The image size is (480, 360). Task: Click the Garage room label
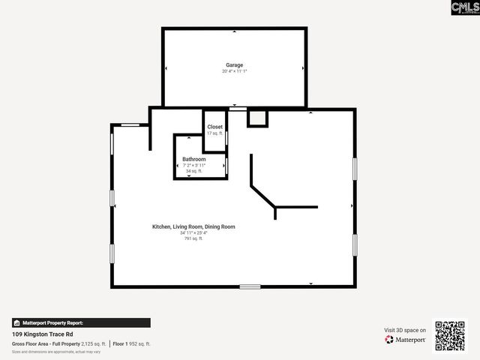click(235, 65)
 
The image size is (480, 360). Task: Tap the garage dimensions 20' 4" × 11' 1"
click(235, 71)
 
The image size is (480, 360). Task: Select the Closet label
click(215, 127)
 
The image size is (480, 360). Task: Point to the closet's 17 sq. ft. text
click(215, 133)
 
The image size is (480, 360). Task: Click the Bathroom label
click(194, 159)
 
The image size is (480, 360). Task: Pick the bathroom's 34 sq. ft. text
click(194, 171)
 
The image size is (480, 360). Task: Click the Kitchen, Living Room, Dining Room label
click(193, 226)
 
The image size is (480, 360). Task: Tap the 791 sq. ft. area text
click(193, 238)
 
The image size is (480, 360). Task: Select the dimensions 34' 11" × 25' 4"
click(193, 232)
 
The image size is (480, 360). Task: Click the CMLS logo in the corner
click(464, 8)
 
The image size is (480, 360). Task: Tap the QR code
click(450, 336)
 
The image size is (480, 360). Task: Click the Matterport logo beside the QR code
click(406, 340)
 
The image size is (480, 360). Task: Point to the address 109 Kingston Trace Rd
click(42, 334)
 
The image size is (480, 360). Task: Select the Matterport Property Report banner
click(81, 322)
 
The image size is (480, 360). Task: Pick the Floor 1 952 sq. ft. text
click(132, 343)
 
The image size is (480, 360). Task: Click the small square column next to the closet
click(257, 118)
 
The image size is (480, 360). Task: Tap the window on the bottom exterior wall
click(250, 286)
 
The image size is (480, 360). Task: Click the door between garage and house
click(238, 109)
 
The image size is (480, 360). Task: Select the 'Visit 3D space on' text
click(405, 330)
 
